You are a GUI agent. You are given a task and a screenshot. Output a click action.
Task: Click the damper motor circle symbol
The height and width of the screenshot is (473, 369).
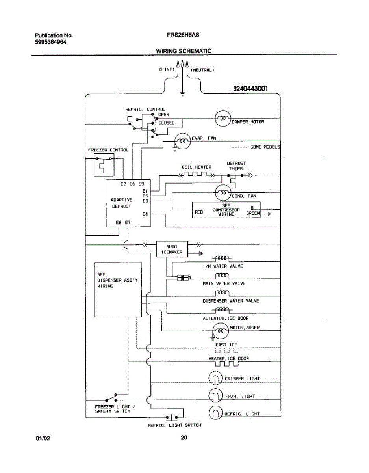click(x=223, y=118)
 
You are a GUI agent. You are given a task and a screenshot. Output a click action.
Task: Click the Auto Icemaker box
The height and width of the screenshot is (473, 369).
click(x=172, y=249)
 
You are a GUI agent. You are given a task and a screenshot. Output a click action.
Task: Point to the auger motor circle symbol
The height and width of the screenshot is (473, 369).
click(x=219, y=330)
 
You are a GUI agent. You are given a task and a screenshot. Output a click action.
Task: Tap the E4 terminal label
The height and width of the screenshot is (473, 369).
click(x=145, y=214)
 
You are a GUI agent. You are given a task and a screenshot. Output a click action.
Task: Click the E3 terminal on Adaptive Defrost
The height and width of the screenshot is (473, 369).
click(x=145, y=201)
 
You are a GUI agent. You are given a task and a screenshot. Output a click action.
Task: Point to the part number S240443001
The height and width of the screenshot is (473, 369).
click(x=250, y=89)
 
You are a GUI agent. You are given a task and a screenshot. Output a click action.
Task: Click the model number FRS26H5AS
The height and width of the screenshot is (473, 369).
click(x=183, y=35)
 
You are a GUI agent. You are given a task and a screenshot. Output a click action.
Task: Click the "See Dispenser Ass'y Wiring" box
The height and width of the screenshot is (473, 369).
click(x=118, y=289)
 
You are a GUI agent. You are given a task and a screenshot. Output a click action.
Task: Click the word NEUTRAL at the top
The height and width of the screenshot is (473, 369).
click(x=202, y=70)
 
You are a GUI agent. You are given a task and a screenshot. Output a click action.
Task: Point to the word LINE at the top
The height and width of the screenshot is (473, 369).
click(x=167, y=70)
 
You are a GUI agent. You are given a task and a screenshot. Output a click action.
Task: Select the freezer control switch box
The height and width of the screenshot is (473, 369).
click(x=102, y=165)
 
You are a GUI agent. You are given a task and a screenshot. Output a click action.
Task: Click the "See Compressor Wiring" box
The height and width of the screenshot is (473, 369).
click(x=226, y=210)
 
